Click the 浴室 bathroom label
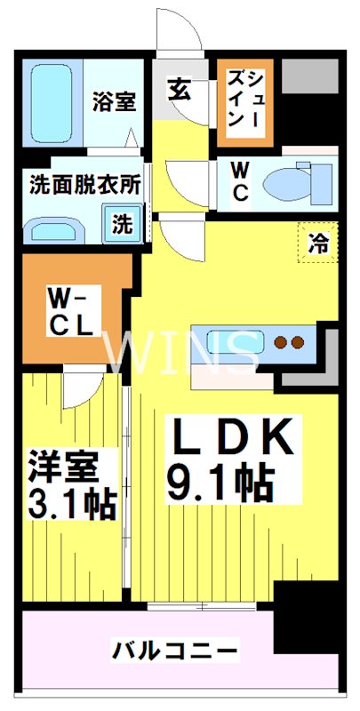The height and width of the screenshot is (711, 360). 113,101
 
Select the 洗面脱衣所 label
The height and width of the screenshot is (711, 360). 85,187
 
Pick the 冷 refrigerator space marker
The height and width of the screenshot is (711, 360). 317,243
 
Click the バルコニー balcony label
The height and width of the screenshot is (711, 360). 175,651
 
